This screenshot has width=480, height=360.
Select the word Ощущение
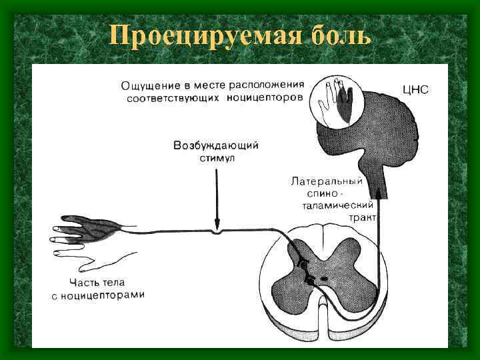coord(151,86)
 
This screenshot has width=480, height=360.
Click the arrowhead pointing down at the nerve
coord(216,223)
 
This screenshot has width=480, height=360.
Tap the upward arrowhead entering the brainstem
coord(378,193)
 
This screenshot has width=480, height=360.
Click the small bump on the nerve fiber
coord(215,231)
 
